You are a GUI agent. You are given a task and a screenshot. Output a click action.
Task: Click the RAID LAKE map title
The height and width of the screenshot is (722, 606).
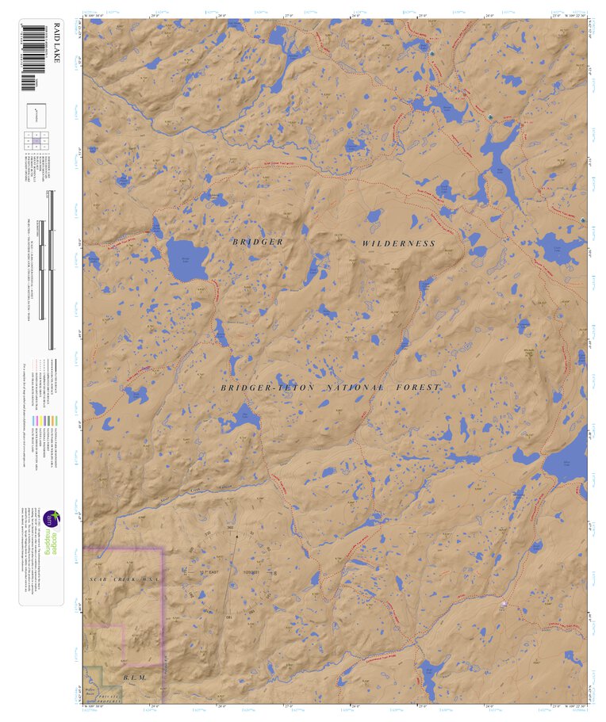click(35, 40)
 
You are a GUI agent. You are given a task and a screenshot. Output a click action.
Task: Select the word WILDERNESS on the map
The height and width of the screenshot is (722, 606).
click(399, 243)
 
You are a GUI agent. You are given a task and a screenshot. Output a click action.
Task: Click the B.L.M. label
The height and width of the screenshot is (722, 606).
click(135, 678)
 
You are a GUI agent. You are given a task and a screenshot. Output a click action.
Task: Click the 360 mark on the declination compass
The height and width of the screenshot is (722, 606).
click(231, 528)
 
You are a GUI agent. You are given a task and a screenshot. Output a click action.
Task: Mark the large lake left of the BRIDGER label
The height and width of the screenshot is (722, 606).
click(186, 258)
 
